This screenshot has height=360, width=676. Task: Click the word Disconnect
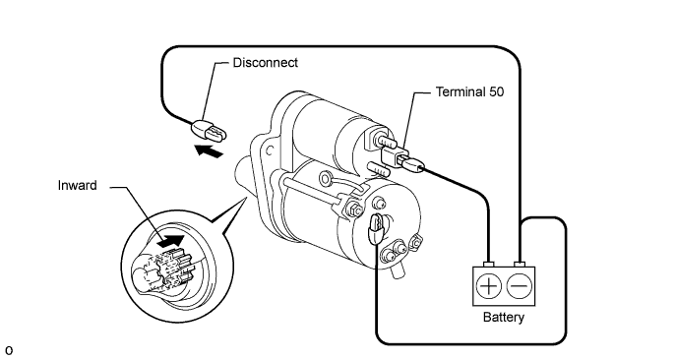click(x=265, y=63)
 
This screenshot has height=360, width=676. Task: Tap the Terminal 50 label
click(x=469, y=91)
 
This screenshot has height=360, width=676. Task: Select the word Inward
click(x=77, y=185)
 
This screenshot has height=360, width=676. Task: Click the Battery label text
click(x=504, y=318)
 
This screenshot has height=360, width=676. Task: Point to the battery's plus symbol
click(x=488, y=286)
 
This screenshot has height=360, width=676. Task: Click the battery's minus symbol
click(x=520, y=286)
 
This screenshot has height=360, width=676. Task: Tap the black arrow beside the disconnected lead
click(x=209, y=151)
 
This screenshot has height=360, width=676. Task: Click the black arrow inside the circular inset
click(x=171, y=241)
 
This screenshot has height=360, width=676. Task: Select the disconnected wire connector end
click(x=209, y=131)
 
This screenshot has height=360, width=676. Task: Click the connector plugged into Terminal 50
click(x=411, y=163)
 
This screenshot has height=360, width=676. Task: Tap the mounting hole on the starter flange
click(x=270, y=151)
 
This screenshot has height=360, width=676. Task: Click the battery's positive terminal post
click(x=488, y=264)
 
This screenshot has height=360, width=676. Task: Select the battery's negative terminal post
click(x=520, y=264)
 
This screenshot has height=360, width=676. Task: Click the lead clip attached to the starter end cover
click(x=374, y=228)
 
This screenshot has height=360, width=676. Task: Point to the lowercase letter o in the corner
click(x=9, y=350)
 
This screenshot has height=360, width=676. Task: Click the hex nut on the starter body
click(x=355, y=210)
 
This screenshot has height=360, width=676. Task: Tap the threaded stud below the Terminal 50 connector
click(x=379, y=169)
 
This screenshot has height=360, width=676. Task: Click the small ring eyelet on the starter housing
click(x=325, y=177)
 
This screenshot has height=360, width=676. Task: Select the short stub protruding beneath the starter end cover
click(x=398, y=270)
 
